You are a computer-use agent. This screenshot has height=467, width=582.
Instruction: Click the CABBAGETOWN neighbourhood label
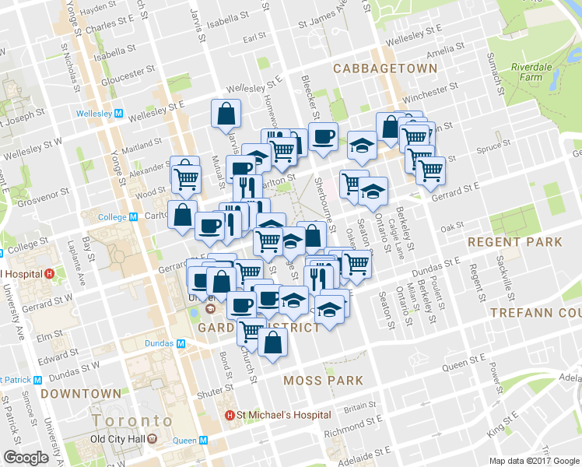pyautogui.click(x=385, y=68)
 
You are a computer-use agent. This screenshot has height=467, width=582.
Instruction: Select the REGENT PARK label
pyautogui.click(x=514, y=242)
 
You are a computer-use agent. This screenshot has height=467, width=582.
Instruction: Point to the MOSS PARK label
pyautogui.click(x=323, y=381)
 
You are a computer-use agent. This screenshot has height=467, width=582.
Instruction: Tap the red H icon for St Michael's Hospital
pyautogui.click(x=230, y=415)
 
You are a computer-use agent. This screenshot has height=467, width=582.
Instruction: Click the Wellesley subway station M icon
pyautogui.click(x=118, y=113)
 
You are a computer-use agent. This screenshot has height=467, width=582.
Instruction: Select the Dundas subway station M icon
pyautogui.click(x=181, y=343)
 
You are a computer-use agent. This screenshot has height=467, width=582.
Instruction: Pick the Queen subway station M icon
pyautogui.click(x=203, y=441)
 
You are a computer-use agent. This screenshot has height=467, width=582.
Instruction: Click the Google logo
pyautogui.click(x=26, y=457)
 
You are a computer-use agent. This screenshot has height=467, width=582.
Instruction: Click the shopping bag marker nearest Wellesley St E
pyautogui.click(x=226, y=114)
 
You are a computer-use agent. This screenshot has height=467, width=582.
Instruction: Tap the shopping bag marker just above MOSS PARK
pyautogui.click(x=273, y=342)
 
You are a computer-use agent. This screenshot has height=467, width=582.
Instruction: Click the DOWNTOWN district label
pyautogui.click(x=81, y=394)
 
